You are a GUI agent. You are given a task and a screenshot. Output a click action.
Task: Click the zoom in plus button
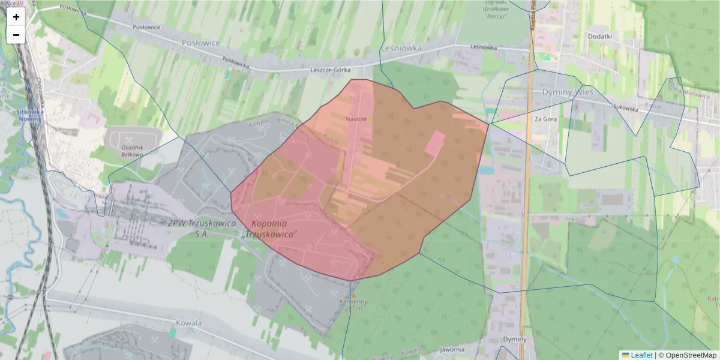tap(16, 17)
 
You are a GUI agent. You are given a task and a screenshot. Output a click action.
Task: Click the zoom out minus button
tap(16, 35)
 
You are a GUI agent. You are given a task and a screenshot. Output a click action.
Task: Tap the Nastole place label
tap(356, 119)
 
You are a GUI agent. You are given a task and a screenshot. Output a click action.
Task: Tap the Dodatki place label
tap(600, 36)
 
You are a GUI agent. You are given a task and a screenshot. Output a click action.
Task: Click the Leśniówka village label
tap(401, 47)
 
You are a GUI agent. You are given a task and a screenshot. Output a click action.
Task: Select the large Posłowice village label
tap(201, 43)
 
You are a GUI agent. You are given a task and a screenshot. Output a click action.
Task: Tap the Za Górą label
tap(546, 119)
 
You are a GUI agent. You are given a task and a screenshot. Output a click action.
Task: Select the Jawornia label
tap(452, 349)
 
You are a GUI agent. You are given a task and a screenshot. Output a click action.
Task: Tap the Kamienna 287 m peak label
tap(352, 305)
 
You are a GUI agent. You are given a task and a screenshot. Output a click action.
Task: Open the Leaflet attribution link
tap(641, 355)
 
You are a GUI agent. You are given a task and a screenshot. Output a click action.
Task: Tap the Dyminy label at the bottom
tap(516, 339)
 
